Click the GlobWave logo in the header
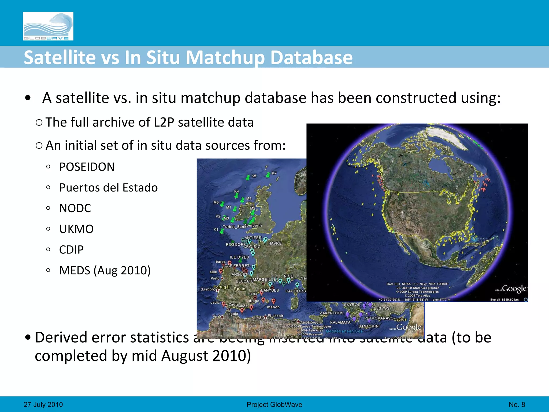click(x=48, y=26)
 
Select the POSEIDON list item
click(x=87, y=167)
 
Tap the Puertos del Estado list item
click(x=108, y=187)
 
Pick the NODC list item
click(x=75, y=208)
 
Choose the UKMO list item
click(x=76, y=229)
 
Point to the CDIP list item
click(x=71, y=250)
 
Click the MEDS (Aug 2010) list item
click(x=105, y=270)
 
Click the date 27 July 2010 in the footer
click(x=43, y=404)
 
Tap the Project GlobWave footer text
click(x=274, y=404)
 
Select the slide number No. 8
click(x=517, y=404)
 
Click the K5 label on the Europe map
click(x=254, y=176)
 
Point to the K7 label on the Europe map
click(x=274, y=173)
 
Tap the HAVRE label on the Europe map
click(x=275, y=243)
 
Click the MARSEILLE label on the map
click(x=265, y=279)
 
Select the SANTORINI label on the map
click(x=369, y=326)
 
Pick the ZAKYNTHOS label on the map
click(x=331, y=313)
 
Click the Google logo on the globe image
click(x=514, y=289)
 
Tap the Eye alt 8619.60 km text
click(x=504, y=300)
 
